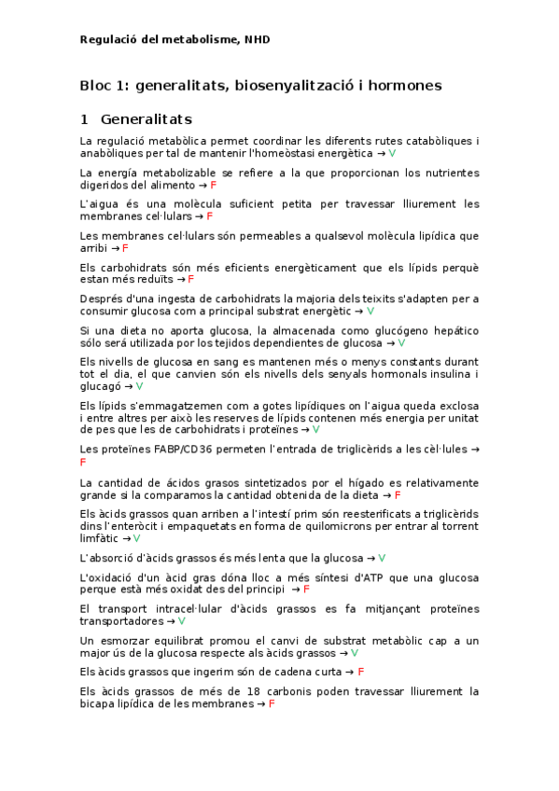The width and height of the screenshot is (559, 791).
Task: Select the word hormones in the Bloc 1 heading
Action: click(401, 86)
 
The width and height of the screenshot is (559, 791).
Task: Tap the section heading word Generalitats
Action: click(146, 119)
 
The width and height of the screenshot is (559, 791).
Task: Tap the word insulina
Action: click(440, 374)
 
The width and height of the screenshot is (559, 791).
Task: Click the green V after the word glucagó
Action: click(139, 386)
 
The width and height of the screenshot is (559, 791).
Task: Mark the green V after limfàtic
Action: click(136, 538)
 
